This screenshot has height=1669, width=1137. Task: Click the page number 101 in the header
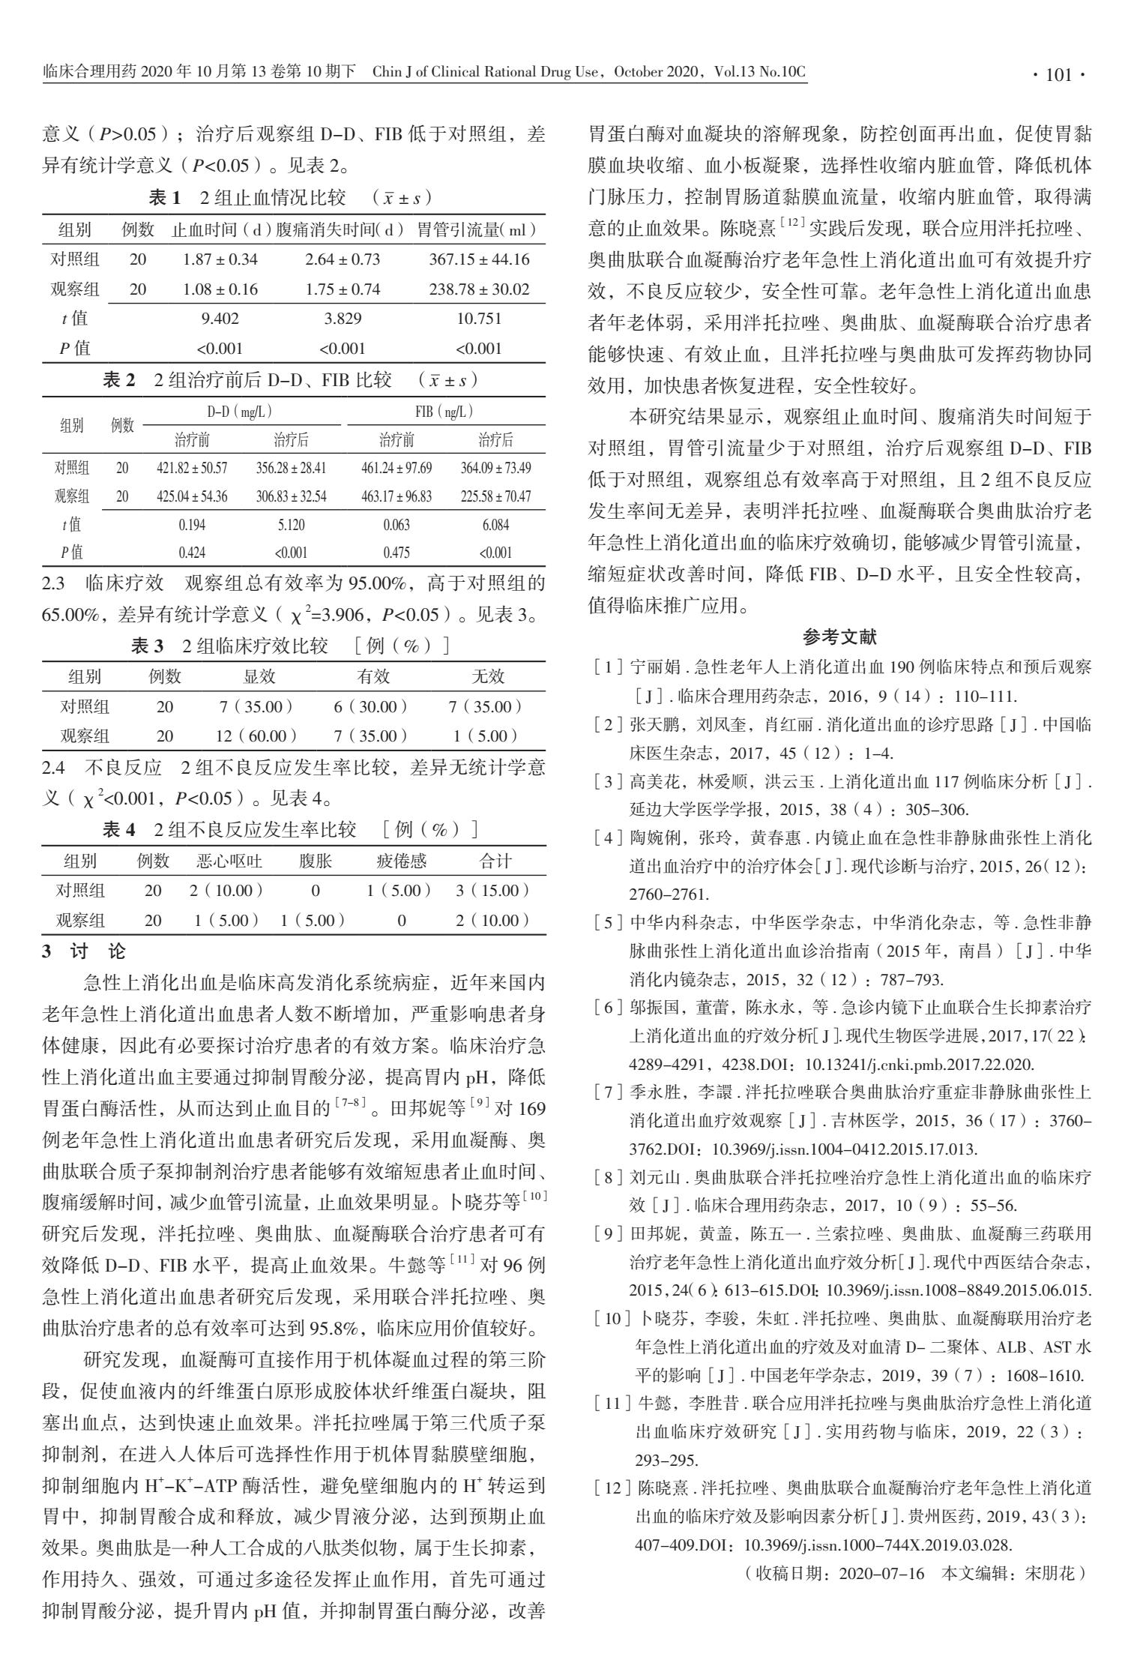(x=1058, y=75)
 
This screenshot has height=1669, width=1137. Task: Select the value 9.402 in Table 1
(x=220, y=319)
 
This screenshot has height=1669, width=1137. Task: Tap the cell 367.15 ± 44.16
(x=479, y=260)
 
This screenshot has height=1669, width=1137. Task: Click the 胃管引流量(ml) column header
(x=479, y=230)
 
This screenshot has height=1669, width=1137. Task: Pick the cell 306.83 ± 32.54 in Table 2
(x=291, y=496)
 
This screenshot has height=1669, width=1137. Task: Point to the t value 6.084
(x=495, y=525)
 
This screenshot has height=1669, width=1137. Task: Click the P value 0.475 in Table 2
(x=396, y=553)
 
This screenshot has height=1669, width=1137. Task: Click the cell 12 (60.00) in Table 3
(x=256, y=736)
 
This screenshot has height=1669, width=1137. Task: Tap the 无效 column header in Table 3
(x=488, y=677)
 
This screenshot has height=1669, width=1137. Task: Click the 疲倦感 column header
(x=401, y=861)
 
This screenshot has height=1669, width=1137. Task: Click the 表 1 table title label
(x=165, y=198)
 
